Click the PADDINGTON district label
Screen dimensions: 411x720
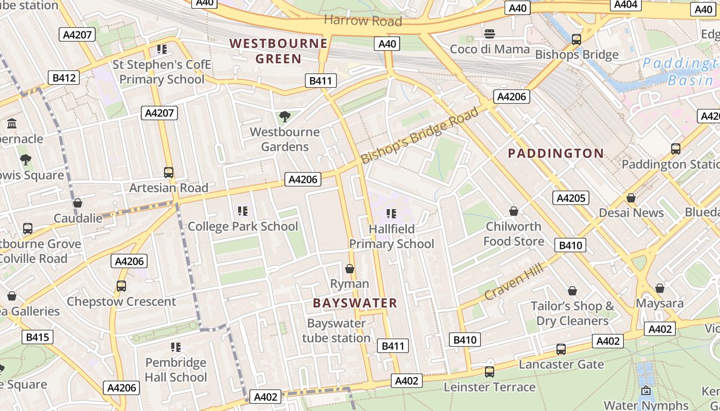coord(556,153)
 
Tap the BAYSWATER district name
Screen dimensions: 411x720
coord(355,303)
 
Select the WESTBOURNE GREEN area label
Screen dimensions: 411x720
coord(278,51)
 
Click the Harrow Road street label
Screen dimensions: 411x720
coord(363,21)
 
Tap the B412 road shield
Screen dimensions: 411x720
coord(64,78)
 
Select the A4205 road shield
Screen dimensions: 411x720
coord(571,198)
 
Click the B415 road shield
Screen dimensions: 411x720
coord(37,338)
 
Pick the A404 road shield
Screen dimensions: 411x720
coord(626,5)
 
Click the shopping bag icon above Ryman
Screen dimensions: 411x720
coord(350,269)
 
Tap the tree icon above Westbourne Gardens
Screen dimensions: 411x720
coord(284,117)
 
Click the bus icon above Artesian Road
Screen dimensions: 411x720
coord(168,173)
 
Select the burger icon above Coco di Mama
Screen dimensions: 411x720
coord(490,34)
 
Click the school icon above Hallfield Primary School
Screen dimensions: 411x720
coord(391,213)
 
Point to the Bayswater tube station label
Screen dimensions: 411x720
coord(336,330)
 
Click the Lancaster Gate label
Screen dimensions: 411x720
coord(561,364)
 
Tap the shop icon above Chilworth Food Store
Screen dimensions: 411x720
coord(513,211)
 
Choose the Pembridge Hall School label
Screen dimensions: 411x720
coord(176,370)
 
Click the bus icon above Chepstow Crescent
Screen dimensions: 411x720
coord(121,286)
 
